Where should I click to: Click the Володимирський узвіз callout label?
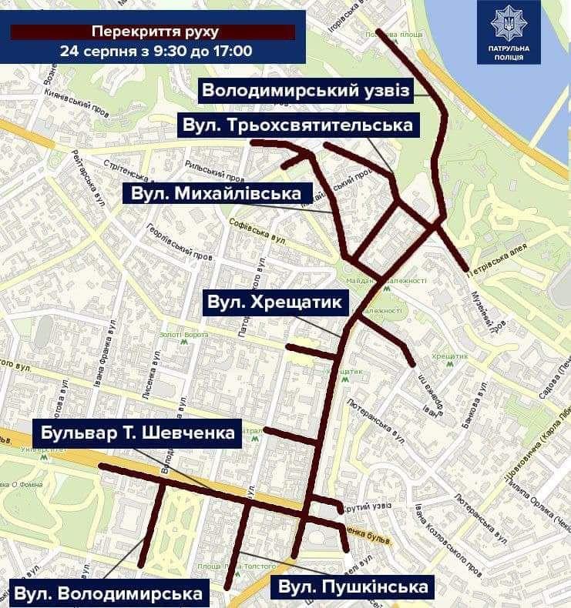(306, 90)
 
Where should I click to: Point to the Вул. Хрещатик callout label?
(274, 302)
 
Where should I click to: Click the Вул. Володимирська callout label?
(108, 593)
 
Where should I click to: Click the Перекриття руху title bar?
(154, 32)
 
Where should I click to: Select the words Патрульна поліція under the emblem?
(509, 52)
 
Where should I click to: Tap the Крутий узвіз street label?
(364, 506)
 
